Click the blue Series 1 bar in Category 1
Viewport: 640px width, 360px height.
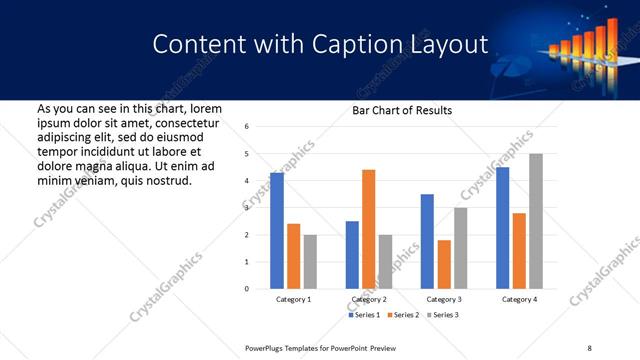pos(277,231)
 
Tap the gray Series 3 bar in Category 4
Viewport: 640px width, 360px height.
pos(536,221)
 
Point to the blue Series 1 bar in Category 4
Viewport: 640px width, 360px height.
pos(502,228)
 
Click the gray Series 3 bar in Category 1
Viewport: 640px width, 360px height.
pos(310,262)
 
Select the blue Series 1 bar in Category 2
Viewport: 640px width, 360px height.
pos(352,255)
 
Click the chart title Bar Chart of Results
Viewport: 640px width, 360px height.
pos(402,110)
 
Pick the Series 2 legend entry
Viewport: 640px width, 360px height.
pos(403,315)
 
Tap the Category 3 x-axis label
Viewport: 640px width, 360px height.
pos(443,299)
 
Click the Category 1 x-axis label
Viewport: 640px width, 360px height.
pos(293,299)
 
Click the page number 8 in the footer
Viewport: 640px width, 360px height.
pos(589,347)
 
